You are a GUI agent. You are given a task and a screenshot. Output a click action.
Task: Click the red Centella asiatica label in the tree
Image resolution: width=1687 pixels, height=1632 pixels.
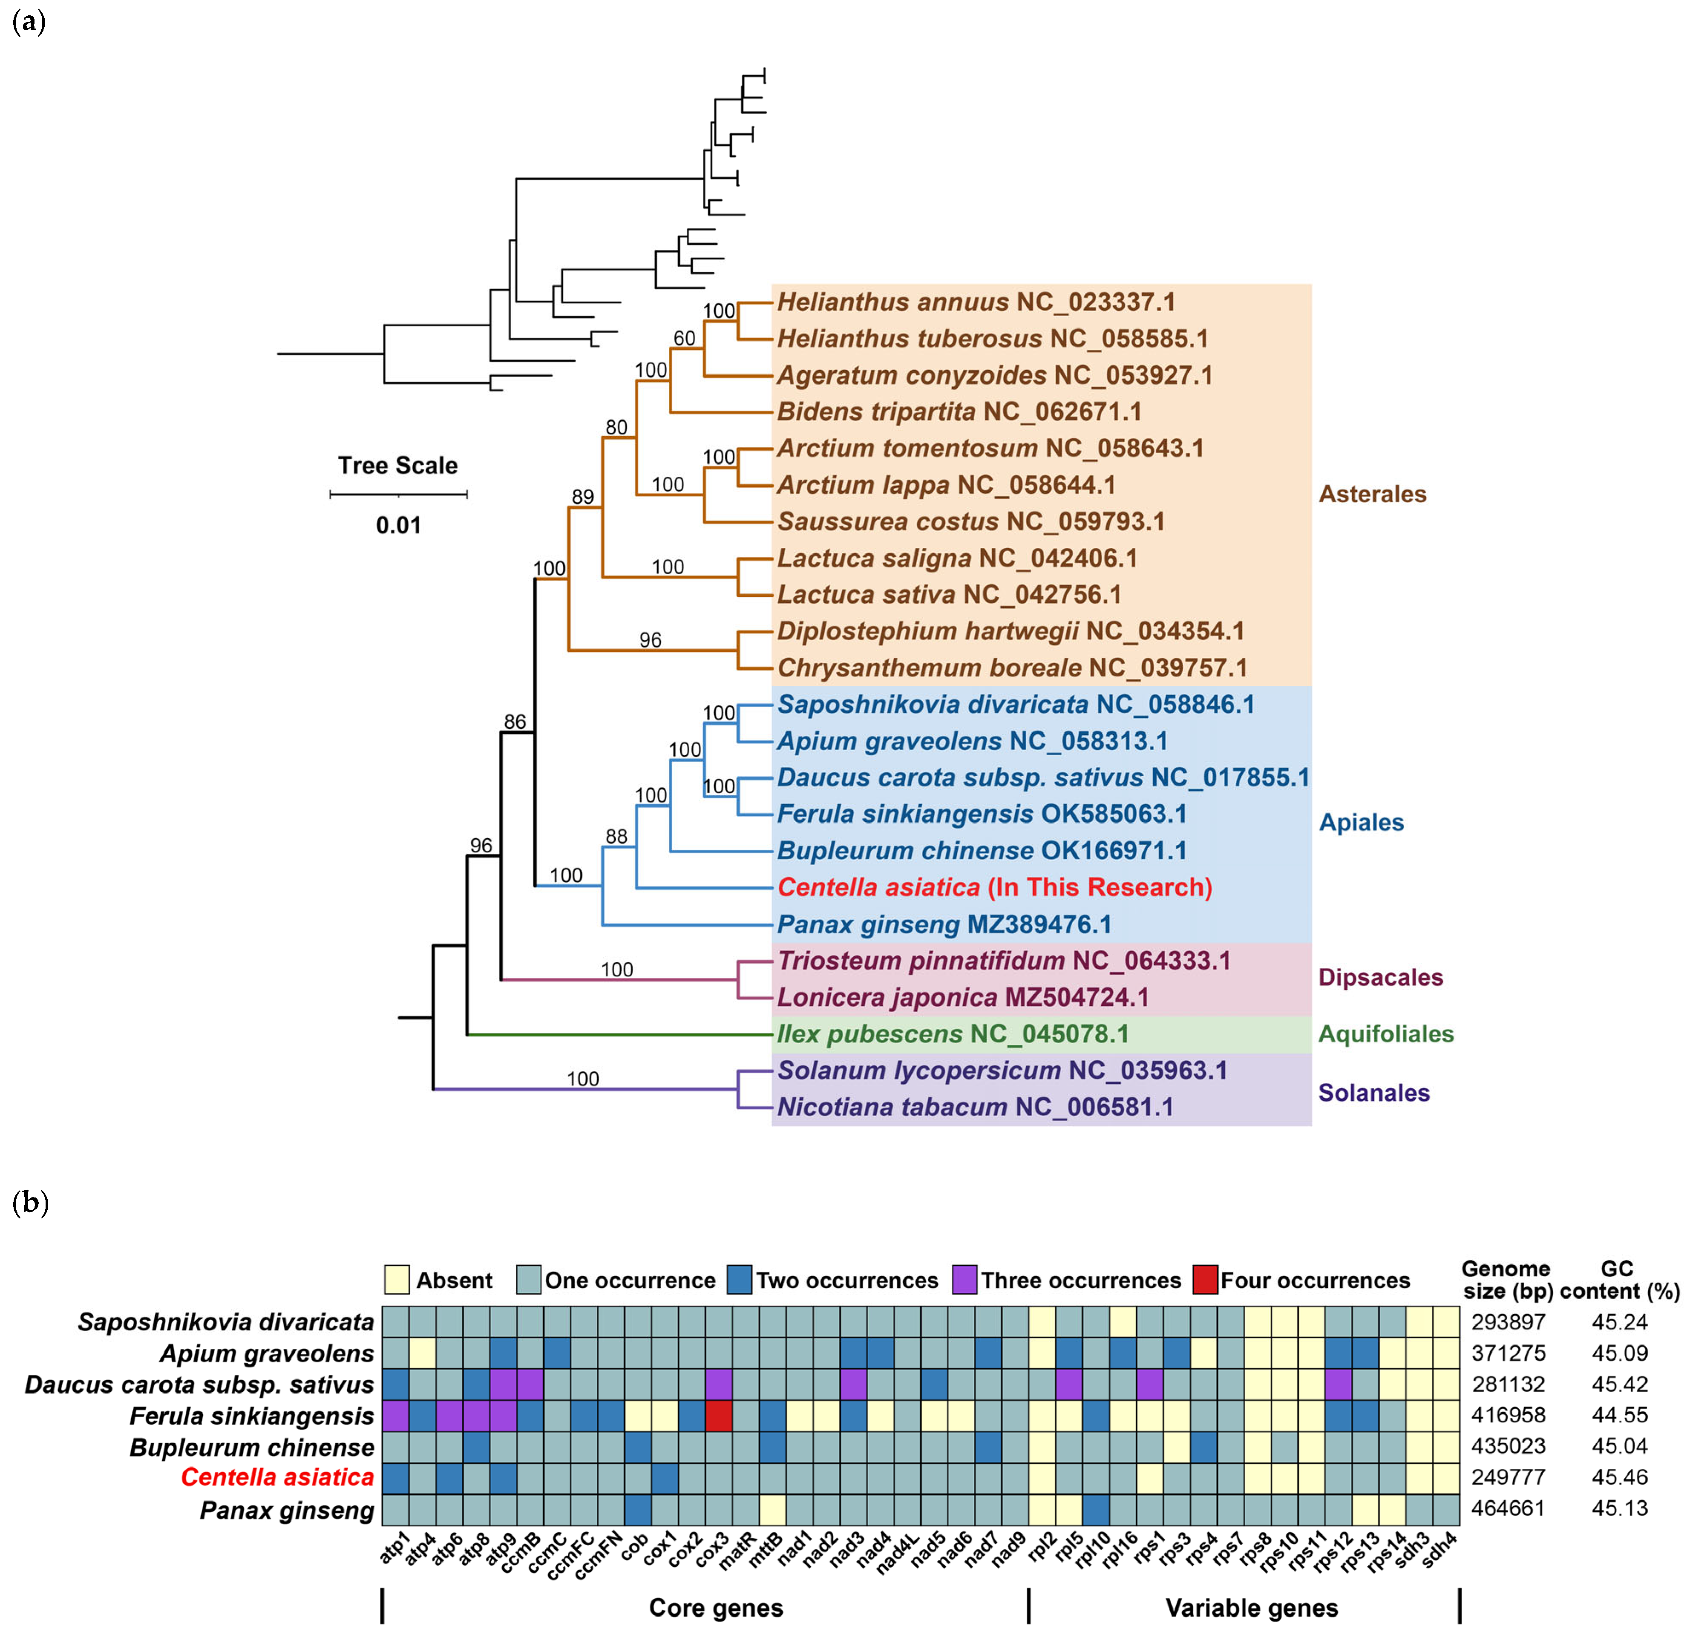point(994,887)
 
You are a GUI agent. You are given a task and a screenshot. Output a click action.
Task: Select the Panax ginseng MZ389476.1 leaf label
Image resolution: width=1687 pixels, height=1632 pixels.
point(944,924)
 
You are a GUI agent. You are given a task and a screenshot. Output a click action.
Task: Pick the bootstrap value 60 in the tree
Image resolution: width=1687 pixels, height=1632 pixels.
point(684,338)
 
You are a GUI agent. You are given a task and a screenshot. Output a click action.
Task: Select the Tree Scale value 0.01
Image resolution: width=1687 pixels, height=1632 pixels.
point(398,525)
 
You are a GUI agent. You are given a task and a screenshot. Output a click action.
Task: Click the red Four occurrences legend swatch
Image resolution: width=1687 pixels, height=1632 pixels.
point(1206,1280)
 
